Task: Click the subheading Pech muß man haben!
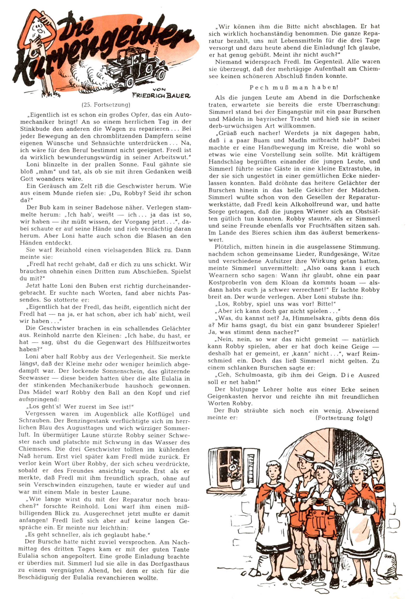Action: click(294, 87)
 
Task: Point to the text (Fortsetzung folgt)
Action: click(344, 418)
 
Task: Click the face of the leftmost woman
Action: click(272, 474)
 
